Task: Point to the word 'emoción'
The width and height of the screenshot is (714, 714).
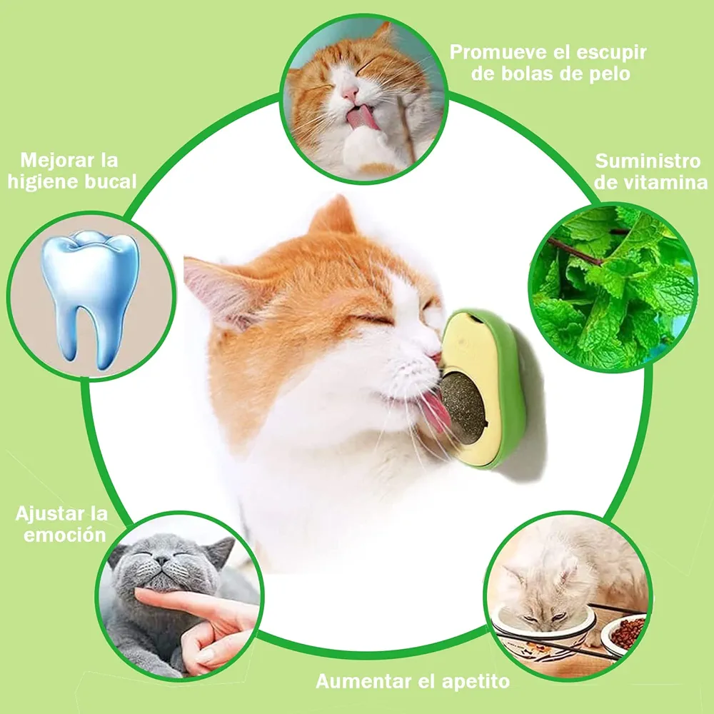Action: tap(65, 535)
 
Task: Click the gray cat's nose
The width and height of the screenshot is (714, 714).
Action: tap(162, 560)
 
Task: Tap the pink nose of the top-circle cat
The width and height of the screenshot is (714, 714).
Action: tap(350, 94)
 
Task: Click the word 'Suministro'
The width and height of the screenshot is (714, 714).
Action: tap(648, 161)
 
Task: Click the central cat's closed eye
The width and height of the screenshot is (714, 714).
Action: tap(374, 318)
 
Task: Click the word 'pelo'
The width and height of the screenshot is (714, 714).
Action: tap(610, 74)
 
